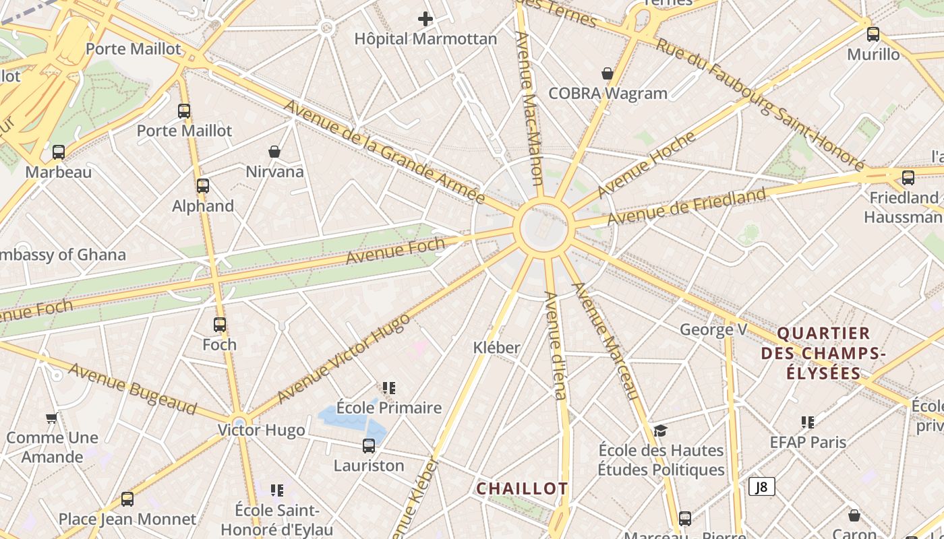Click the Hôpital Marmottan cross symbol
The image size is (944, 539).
425,19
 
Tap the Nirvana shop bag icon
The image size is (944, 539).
274,152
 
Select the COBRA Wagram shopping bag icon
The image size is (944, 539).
608,73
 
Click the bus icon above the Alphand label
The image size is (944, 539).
203,186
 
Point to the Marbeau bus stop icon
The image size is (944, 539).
59,152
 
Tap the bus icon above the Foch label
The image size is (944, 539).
220,325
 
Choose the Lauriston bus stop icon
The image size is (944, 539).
369,445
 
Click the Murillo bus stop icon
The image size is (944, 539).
873,34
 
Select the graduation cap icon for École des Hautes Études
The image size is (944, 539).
660,431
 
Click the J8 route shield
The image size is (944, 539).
762,486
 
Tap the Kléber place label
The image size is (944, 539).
497,348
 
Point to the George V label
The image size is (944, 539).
713,329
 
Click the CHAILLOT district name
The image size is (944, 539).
522,488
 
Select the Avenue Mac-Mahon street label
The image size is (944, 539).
529,108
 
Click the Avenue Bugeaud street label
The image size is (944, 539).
132,389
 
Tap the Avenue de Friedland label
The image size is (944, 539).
686,207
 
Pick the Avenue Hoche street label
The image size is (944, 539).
646,164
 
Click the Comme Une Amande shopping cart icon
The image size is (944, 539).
51,418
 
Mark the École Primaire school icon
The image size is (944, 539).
388,387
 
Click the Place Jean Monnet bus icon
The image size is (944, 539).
127,499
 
